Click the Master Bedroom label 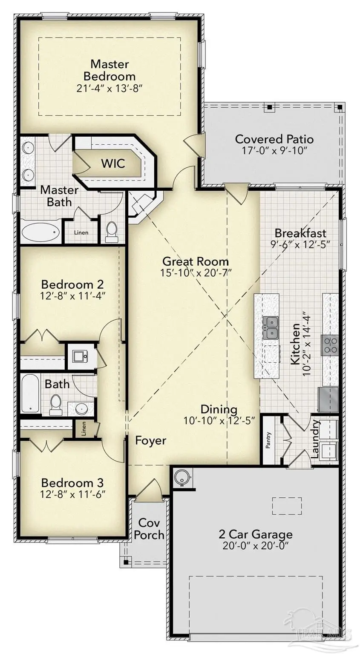tap(109, 70)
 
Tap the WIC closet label tap(113, 163)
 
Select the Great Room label tap(195, 261)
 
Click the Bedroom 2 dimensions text tap(72, 296)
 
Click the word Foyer tap(150, 440)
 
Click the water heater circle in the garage tap(183, 477)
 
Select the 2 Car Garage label tap(255, 534)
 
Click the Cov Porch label tap(149, 528)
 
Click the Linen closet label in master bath tap(81, 232)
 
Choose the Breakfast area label tap(300, 233)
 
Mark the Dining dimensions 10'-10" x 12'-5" tap(219, 420)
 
